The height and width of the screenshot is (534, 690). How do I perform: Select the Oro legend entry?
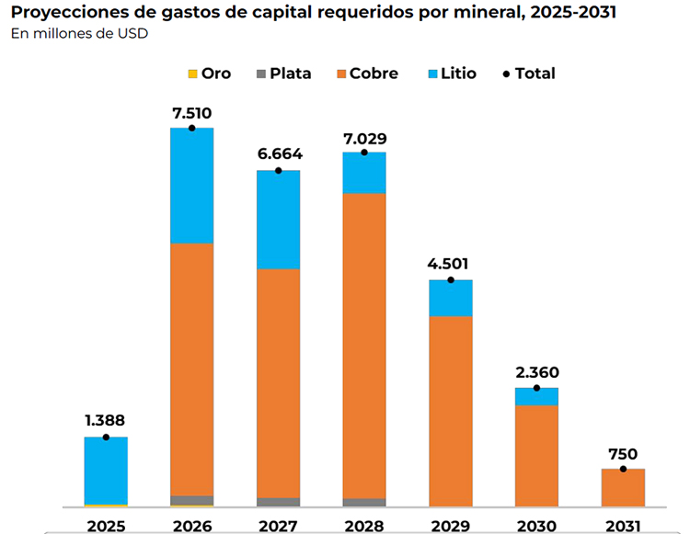209,74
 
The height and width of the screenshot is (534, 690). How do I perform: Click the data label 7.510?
191,113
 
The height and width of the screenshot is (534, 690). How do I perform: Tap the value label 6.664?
278,154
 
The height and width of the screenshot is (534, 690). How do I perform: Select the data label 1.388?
106,421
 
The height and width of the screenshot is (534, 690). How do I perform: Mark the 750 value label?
623,454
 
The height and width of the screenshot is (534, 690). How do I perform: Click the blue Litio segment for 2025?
106,470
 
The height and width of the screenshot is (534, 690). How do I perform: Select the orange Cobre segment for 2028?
364,345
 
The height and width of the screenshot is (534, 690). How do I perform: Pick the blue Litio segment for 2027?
278,220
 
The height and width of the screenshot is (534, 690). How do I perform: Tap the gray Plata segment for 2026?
191,500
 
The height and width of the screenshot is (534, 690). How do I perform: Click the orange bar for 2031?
623,487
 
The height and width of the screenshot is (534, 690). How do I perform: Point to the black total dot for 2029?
451,279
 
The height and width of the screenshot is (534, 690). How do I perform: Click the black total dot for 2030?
536,388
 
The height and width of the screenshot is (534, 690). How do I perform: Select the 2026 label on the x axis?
191,526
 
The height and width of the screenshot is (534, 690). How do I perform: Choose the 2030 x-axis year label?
536,526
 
